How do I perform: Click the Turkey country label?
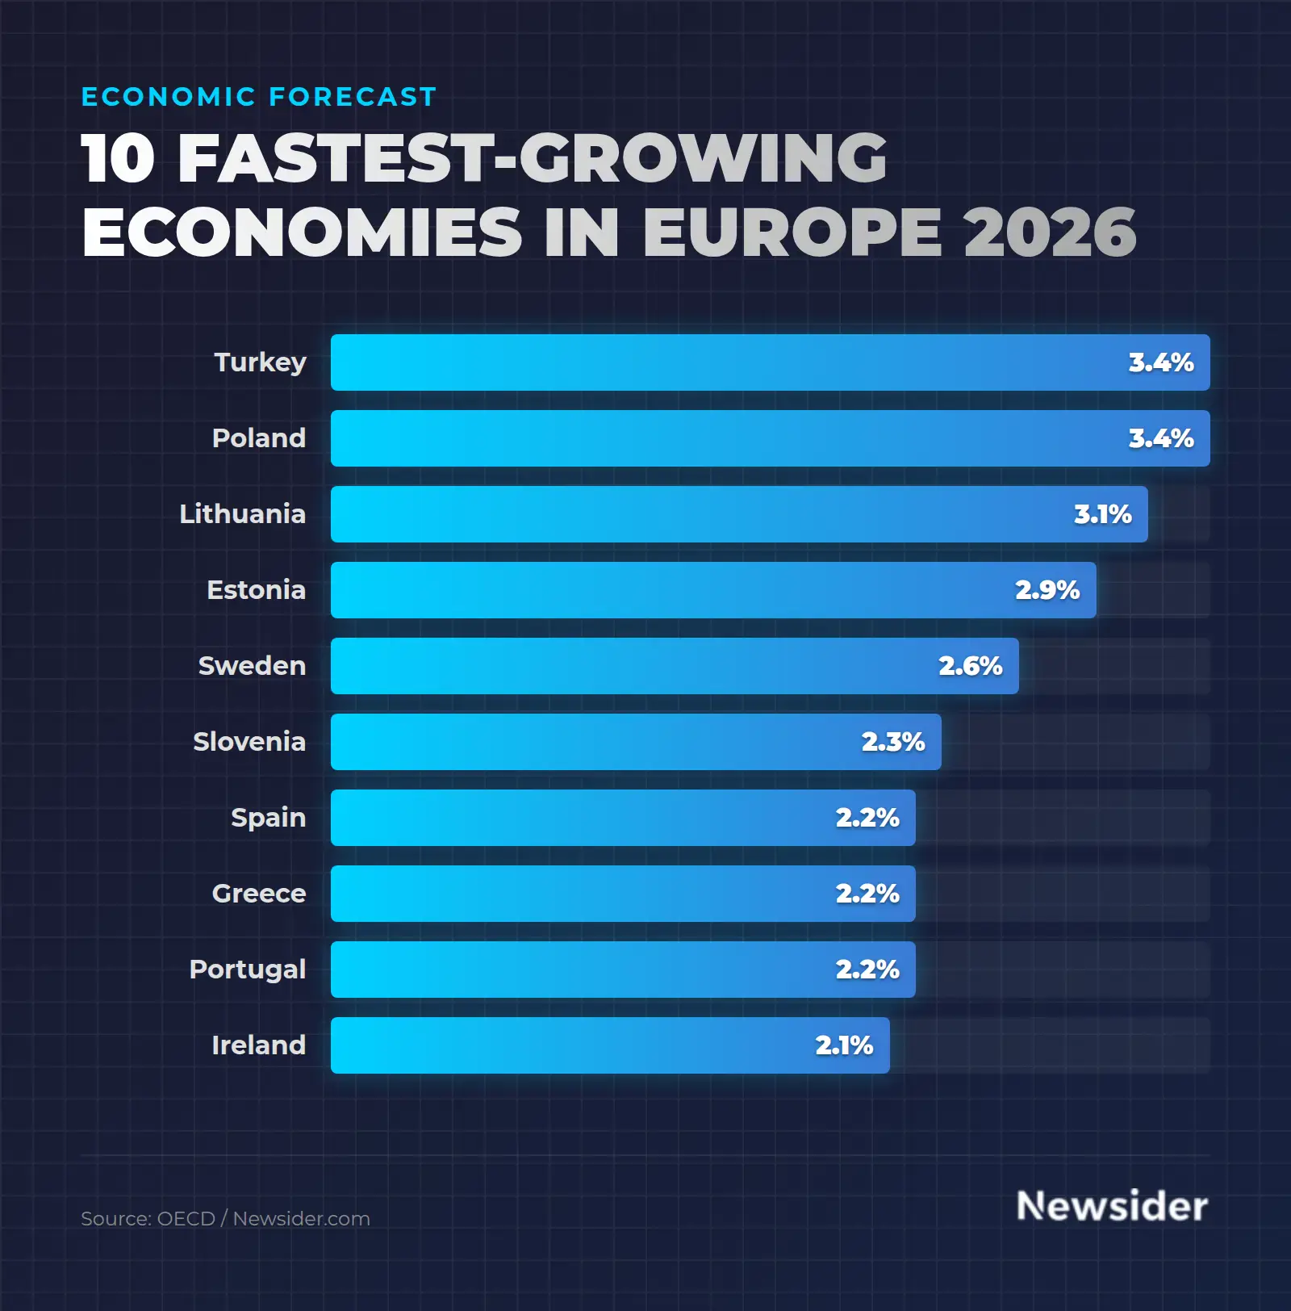click(260, 362)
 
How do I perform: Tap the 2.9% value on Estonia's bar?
click(1047, 590)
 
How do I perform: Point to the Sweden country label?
click(252, 666)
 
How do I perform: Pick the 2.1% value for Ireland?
click(844, 1045)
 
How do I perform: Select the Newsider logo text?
click(1112, 1206)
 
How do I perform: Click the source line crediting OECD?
click(225, 1219)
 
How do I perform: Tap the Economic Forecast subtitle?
click(259, 97)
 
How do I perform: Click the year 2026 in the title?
click(1049, 232)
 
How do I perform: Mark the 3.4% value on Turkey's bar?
click(1160, 362)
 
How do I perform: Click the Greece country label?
click(258, 894)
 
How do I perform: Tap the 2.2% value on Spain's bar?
click(867, 818)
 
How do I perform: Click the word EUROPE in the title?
click(792, 232)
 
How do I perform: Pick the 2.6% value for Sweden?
click(970, 666)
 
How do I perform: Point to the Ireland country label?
click(258, 1045)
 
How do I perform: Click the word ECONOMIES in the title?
click(303, 232)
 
